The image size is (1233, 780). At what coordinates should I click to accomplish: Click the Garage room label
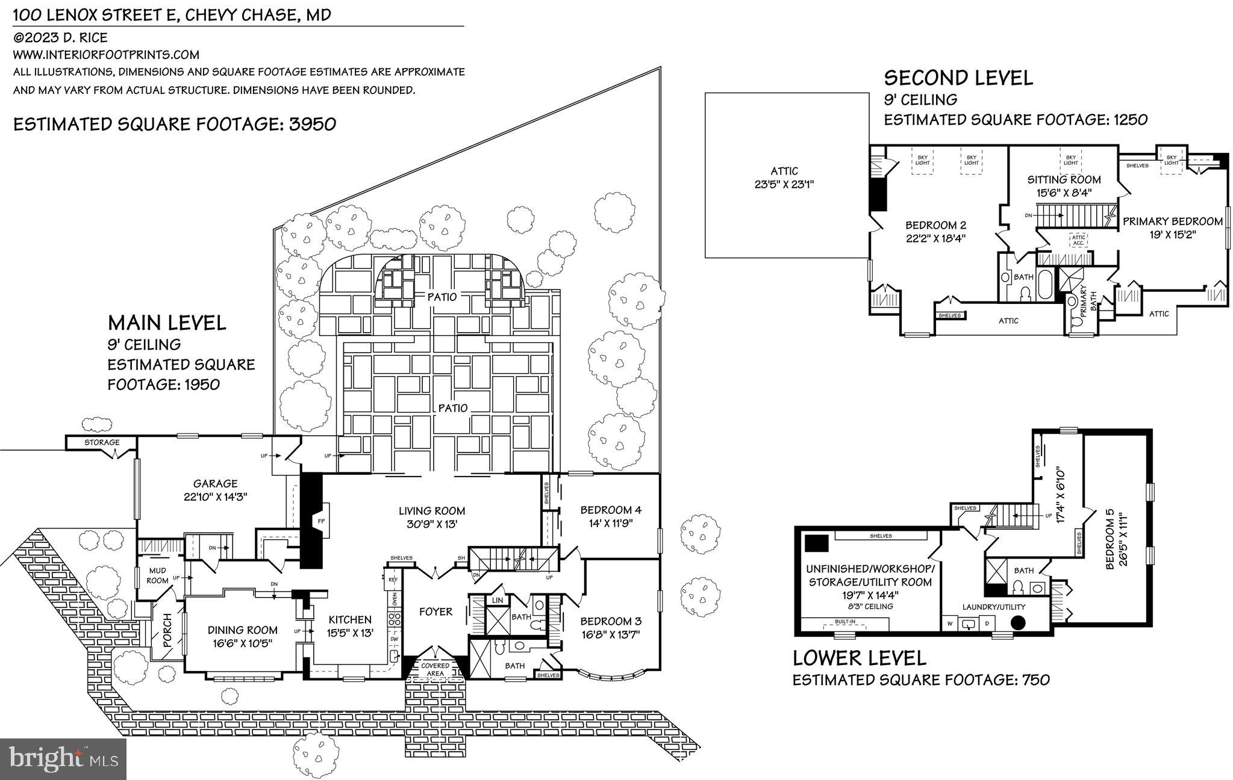click(215, 483)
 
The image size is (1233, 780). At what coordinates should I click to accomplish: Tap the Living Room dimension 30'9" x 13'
click(431, 524)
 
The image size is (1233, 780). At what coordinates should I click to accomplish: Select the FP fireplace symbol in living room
click(320, 519)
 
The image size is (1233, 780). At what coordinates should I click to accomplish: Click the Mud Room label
click(157, 575)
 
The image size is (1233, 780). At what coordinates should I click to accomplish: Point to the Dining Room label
click(243, 630)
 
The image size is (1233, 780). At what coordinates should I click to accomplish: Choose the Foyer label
click(435, 611)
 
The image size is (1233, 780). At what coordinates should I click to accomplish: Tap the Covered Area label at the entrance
click(435, 669)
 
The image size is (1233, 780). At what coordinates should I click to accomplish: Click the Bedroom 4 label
click(610, 510)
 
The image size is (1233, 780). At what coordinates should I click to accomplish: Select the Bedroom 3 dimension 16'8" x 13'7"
click(610, 634)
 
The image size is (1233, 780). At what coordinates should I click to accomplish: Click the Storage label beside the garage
click(101, 442)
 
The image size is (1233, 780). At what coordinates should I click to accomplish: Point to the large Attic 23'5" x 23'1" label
click(784, 178)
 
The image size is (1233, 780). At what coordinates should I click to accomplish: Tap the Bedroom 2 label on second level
click(935, 225)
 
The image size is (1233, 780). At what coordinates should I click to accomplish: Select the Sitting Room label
click(1064, 179)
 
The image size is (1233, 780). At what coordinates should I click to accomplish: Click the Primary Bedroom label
click(1172, 221)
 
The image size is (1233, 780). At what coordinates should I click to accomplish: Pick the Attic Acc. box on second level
click(1078, 240)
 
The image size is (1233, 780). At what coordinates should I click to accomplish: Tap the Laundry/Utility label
click(993, 607)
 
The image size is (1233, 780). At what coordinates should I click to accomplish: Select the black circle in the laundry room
click(1017, 623)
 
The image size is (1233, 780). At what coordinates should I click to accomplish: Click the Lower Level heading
click(859, 658)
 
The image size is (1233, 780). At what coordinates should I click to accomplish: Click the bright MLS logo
click(63, 758)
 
